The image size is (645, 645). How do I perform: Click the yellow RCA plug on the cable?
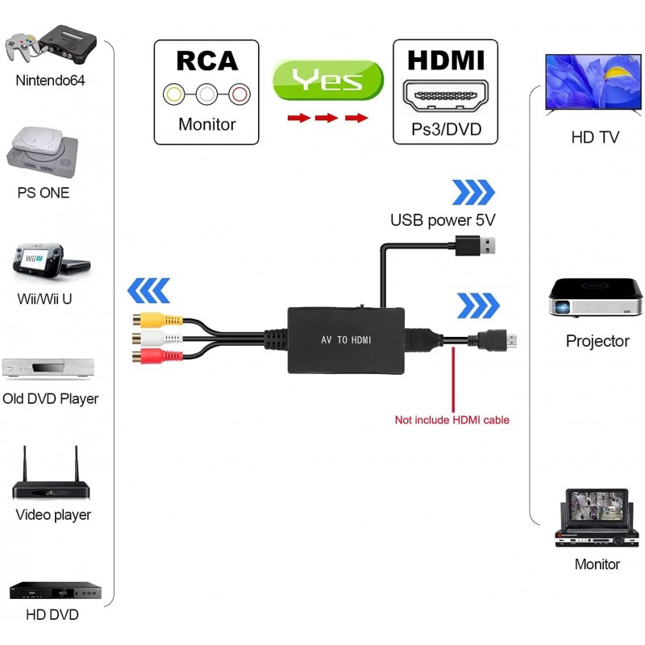(151, 317)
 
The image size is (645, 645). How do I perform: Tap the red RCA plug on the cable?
(151, 355)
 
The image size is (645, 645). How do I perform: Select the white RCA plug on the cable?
(151, 335)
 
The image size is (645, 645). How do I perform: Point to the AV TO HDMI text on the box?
(346, 340)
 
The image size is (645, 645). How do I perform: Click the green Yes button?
(327, 80)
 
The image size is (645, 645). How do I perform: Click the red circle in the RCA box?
(239, 94)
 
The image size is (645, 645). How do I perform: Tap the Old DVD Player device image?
(48, 368)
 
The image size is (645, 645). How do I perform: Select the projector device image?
(596, 299)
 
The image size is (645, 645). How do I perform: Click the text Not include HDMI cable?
(451, 420)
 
